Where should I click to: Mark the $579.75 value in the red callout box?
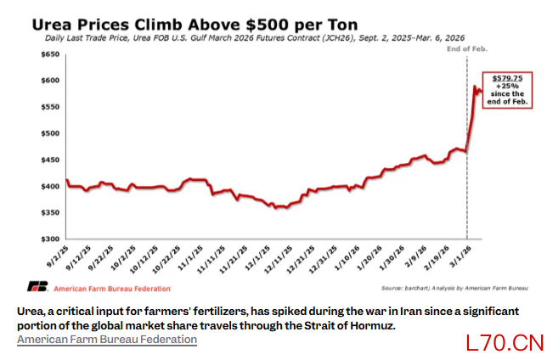(507, 77)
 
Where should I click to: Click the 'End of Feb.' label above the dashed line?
(465, 49)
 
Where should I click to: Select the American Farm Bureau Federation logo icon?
(37, 287)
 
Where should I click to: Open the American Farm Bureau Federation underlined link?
(107, 340)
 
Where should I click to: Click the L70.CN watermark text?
(505, 343)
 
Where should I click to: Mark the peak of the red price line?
(475, 85)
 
